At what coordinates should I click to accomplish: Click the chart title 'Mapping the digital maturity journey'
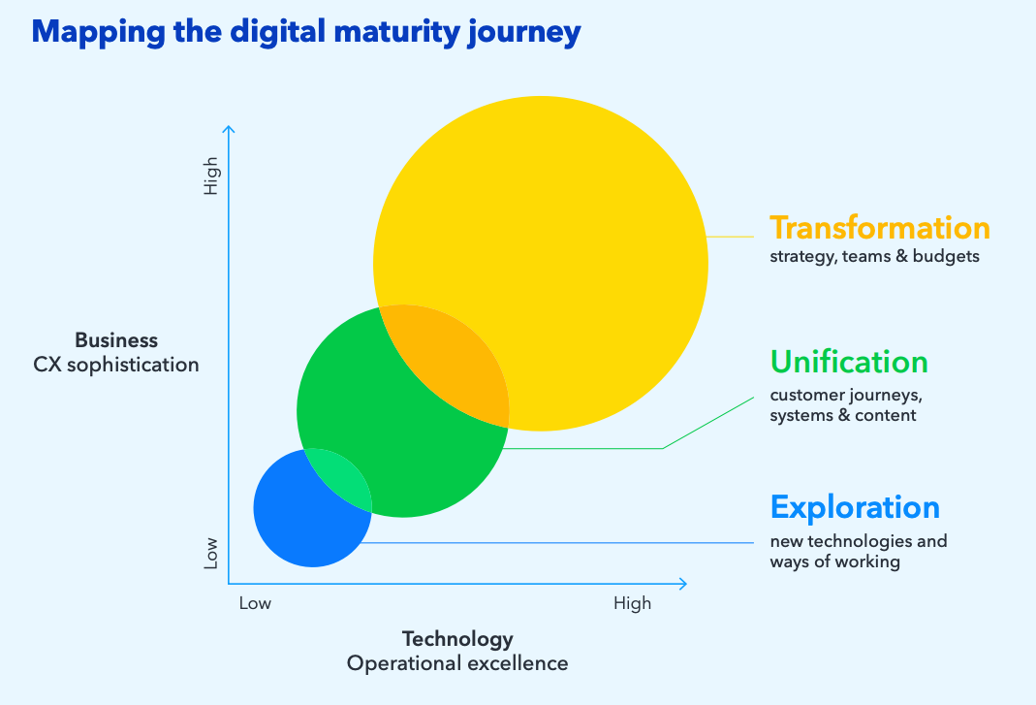pyautogui.click(x=306, y=33)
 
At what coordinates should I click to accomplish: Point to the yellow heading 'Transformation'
pyautogui.click(x=879, y=228)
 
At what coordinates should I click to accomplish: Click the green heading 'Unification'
pyautogui.click(x=849, y=362)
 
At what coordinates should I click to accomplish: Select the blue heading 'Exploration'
pyautogui.click(x=855, y=507)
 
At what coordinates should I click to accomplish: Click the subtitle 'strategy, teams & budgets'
pyautogui.click(x=874, y=257)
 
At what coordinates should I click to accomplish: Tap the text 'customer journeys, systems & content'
pyautogui.click(x=846, y=405)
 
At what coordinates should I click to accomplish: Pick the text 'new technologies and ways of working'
pyautogui.click(x=858, y=551)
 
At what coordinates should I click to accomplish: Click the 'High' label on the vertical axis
pyautogui.click(x=211, y=176)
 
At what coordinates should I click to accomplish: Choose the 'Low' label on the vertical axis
pyautogui.click(x=211, y=553)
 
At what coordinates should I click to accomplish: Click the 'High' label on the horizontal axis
pyautogui.click(x=632, y=603)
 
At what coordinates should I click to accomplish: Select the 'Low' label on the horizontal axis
pyautogui.click(x=255, y=603)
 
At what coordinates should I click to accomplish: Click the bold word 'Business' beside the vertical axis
pyautogui.click(x=116, y=340)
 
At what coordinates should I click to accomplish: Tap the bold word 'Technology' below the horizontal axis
pyautogui.click(x=457, y=639)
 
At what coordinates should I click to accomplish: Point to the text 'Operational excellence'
pyautogui.click(x=457, y=663)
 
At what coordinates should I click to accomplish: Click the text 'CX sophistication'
pyautogui.click(x=116, y=365)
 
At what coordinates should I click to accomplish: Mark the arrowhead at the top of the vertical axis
pyautogui.click(x=229, y=128)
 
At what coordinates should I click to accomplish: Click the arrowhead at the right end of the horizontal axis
pyautogui.click(x=683, y=584)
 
